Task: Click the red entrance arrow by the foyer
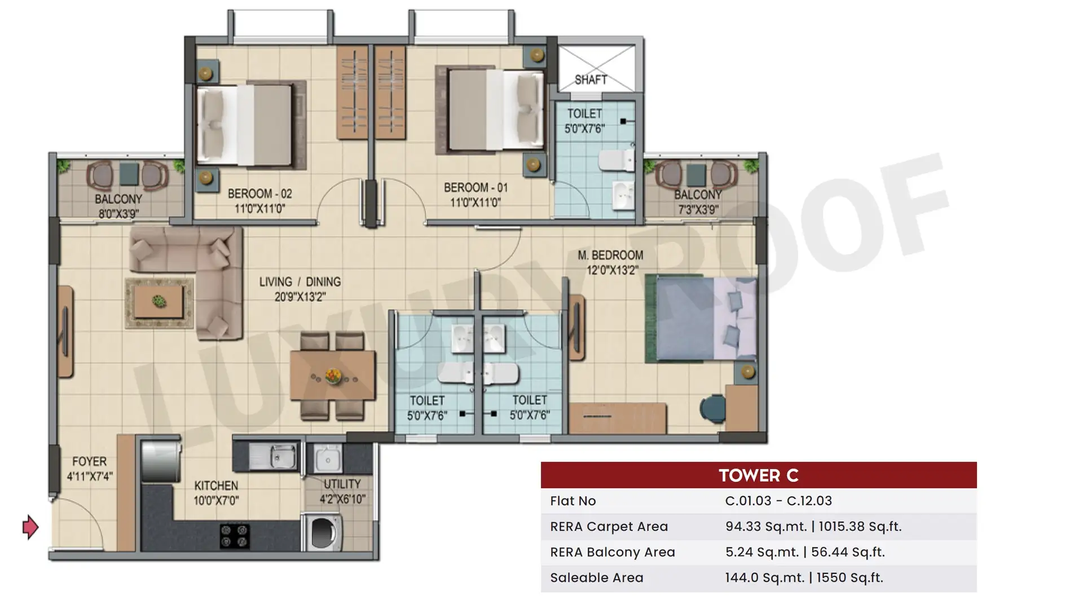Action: pyautogui.click(x=30, y=527)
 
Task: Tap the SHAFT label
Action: pyautogui.click(x=591, y=80)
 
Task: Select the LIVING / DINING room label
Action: pyautogui.click(x=300, y=281)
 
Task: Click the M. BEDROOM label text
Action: pyautogui.click(x=610, y=255)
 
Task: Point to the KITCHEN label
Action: pyautogui.click(x=216, y=486)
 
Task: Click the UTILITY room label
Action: pyautogui.click(x=342, y=484)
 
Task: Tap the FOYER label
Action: pyautogui.click(x=89, y=461)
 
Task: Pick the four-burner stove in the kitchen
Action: pyautogui.click(x=235, y=536)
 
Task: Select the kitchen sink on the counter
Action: pyautogui.click(x=273, y=456)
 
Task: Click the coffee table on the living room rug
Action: pyautogui.click(x=159, y=302)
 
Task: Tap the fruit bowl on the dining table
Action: pyautogui.click(x=333, y=376)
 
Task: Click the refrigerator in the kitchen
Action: pyautogui.click(x=161, y=460)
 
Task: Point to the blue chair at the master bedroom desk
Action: pyautogui.click(x=712, y=408)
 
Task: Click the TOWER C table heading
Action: pyautogui.click(x=759, y=475)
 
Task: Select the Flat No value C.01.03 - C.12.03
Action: pyautogui.click(x=778, y=501)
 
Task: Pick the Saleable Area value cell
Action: pyautogui.click(x=804, y=578)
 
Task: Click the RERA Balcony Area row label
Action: pyautogui.click(x=613, y=552)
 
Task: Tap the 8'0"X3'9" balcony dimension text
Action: pyautogui.click(x=118, y=214)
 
